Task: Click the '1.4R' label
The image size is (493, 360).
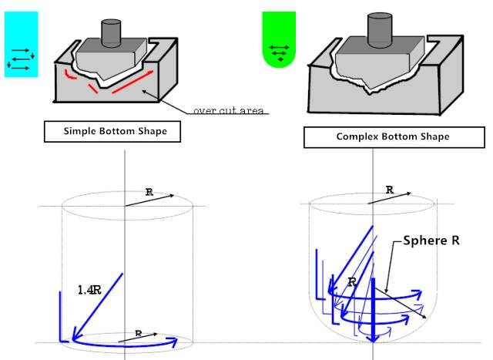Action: click(x=89, y=290)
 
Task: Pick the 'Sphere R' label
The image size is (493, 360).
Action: click(x=431, y=240)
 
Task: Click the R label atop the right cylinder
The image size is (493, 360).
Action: click(x=390, y=189)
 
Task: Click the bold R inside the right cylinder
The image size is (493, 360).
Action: click(x=352, y=282)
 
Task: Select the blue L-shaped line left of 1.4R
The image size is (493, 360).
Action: click(x=61, y=316)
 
